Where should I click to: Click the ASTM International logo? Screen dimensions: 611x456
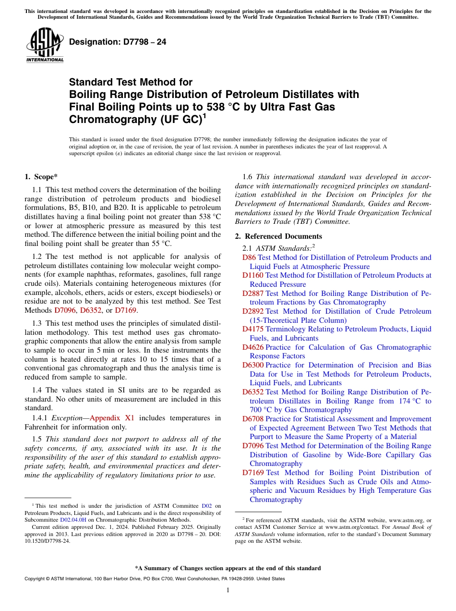[x=45, y=46]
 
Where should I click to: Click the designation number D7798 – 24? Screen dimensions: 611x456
[x=118, y=42]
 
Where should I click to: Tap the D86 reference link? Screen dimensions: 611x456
[x=249, y=257]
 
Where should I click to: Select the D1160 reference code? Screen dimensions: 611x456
[x=252, y=275]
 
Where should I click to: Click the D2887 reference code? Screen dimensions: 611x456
[x=252, y=293]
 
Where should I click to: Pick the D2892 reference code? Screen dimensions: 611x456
[x=252, y=311]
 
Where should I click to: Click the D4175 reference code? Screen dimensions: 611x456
[x=252, y=329]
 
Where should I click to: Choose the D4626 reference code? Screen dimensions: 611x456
[x=252, y=347]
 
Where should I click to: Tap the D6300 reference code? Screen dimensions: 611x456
[x=252, y=365]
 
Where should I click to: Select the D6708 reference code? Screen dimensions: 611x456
[x=252, y=419]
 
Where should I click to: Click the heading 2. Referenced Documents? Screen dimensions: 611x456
[x=278, y=236]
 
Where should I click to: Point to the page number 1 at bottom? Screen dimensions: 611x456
[x=228, y=590]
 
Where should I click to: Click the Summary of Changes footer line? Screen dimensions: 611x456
[x=228, y=568]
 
